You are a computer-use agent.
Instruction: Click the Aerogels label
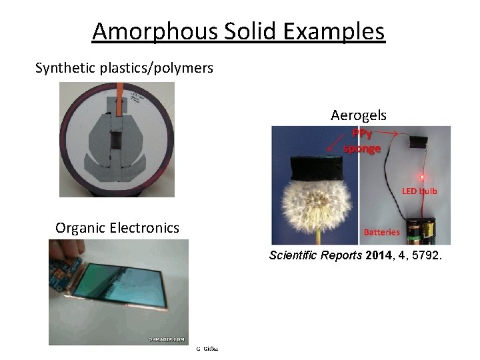coord(358,115)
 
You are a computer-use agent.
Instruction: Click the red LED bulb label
coord(419,191)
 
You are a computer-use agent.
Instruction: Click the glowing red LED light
coord(421,177)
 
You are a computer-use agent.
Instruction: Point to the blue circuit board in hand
coord(65,280)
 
